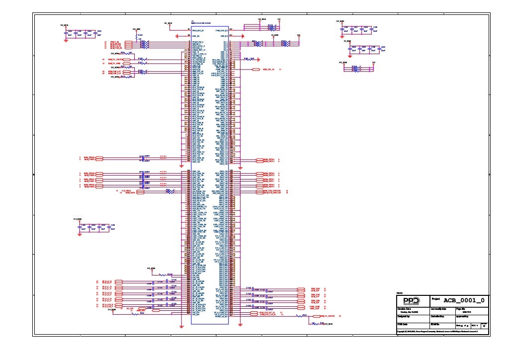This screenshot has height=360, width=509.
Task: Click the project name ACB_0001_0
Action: click(x=464, y=300)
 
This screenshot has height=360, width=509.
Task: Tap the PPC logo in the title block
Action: click(x=411, y=301)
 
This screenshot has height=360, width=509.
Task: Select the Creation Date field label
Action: click(x=404, y=309)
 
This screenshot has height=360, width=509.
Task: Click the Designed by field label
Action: click(x=403, y=316)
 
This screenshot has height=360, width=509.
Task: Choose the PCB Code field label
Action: click(x=402, y=324)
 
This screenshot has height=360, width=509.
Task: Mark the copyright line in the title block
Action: click(x=437, y=331)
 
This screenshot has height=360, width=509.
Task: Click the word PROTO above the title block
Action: click(x=399, y=293)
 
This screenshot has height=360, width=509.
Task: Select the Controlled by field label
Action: click(x=437, y=316)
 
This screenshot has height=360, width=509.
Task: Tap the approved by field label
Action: click(x=463, y=316)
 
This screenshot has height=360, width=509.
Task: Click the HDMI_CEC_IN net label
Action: click(x=269, y=70)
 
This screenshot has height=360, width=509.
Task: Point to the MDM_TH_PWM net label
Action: click(x=115, y=64)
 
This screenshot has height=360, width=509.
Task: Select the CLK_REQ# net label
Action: click(x=126, y=190)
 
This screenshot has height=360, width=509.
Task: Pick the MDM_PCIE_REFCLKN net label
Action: click(x=272, y=190)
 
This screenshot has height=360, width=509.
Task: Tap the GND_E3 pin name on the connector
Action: click(x=196, y=36)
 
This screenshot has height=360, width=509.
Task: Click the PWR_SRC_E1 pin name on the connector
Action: click(x=198, y=30)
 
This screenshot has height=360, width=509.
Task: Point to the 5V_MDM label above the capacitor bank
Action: click(x=347, y=41)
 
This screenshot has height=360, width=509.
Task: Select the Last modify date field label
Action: click(x=438, y=309)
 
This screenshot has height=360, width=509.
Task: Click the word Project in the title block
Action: click(x=436, y=299)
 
